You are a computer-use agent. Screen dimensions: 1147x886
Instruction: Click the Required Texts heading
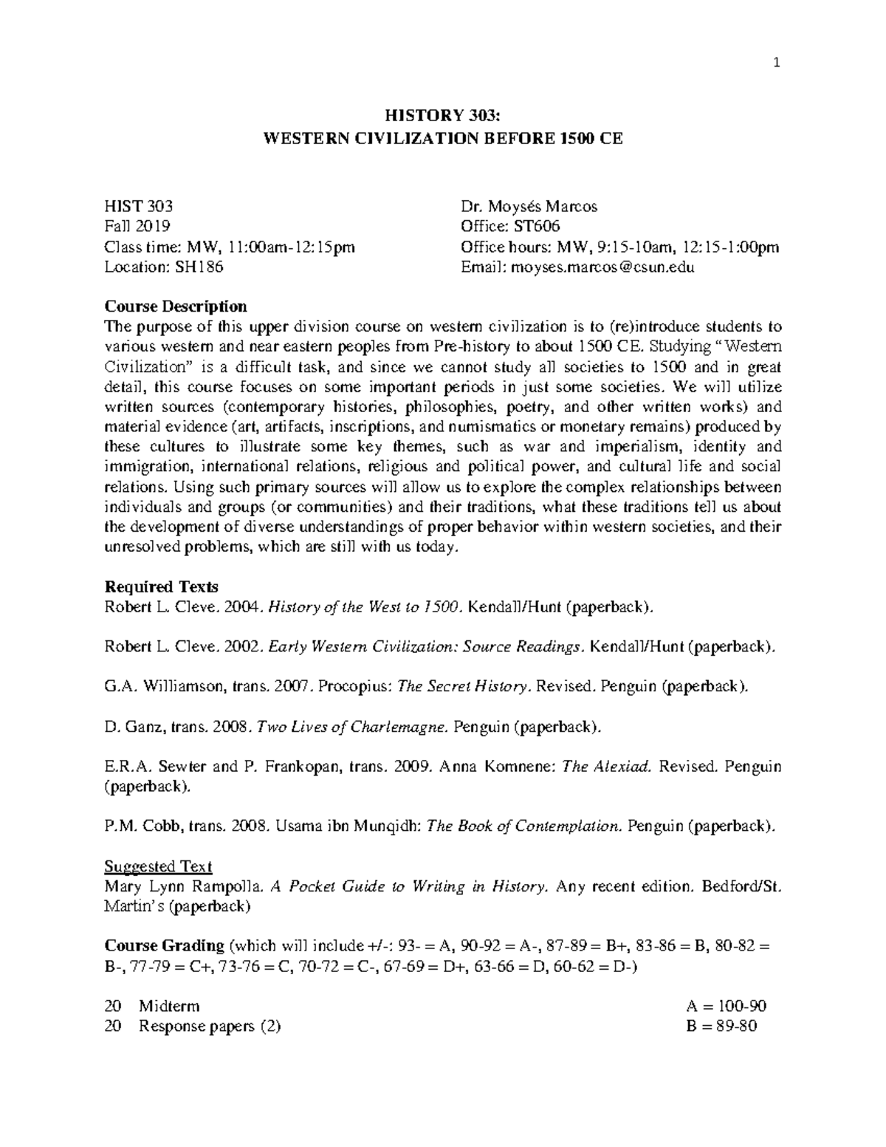pos(162,587)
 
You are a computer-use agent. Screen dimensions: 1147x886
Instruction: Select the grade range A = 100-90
pos(727,1006)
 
